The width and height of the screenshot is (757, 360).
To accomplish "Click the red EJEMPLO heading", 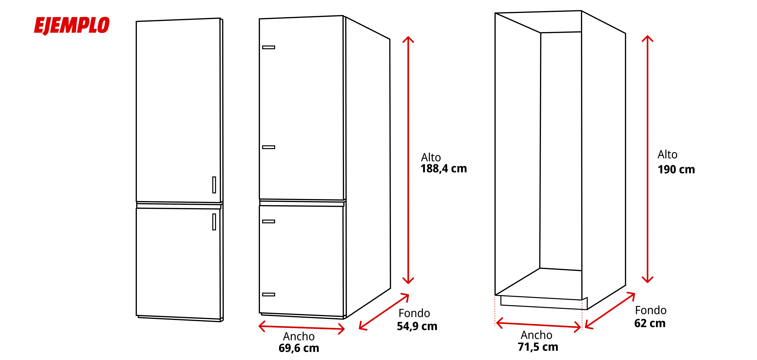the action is pos(72,26).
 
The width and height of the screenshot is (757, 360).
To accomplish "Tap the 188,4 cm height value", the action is pos(443,169).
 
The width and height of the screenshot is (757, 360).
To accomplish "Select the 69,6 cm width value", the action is pos(299,348).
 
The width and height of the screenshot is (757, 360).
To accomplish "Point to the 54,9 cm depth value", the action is pos(417,326).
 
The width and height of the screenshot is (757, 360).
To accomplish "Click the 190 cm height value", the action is pos(676,170).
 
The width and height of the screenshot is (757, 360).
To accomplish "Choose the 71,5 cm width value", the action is pos(538,347).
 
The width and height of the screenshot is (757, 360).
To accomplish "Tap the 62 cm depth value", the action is pos(650,323).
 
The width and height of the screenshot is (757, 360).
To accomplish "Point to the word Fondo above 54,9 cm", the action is pos(414,313).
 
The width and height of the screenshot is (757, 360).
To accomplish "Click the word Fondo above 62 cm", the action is pos(651,310).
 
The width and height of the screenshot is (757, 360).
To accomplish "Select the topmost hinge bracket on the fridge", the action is pos(269,47).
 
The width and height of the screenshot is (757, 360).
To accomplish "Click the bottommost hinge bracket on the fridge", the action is pos(269,294).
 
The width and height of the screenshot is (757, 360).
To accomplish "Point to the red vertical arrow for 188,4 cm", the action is pos(408,160).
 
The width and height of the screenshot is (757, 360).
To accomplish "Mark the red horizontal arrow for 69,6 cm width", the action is pos(302,327).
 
